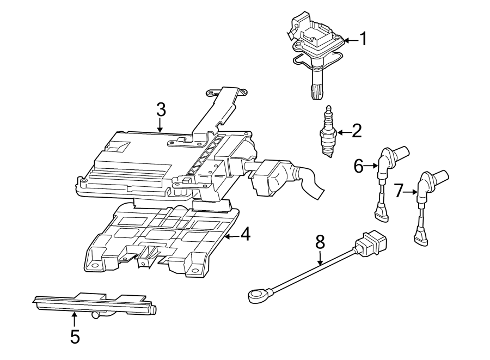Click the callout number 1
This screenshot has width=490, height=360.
(363, 39)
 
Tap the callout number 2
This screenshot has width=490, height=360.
(357, 131)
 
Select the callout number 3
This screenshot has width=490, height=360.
(161, 109)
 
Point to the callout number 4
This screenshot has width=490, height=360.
(245, 235)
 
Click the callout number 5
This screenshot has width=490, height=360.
(75, 337)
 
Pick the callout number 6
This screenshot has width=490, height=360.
(358, 166)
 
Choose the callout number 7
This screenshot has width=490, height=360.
(399, 191)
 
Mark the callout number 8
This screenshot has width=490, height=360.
(320, 241)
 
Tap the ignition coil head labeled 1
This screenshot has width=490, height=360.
(316, 35)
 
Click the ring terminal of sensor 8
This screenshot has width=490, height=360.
(254, 296)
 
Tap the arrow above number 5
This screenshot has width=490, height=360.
(75, 318)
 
